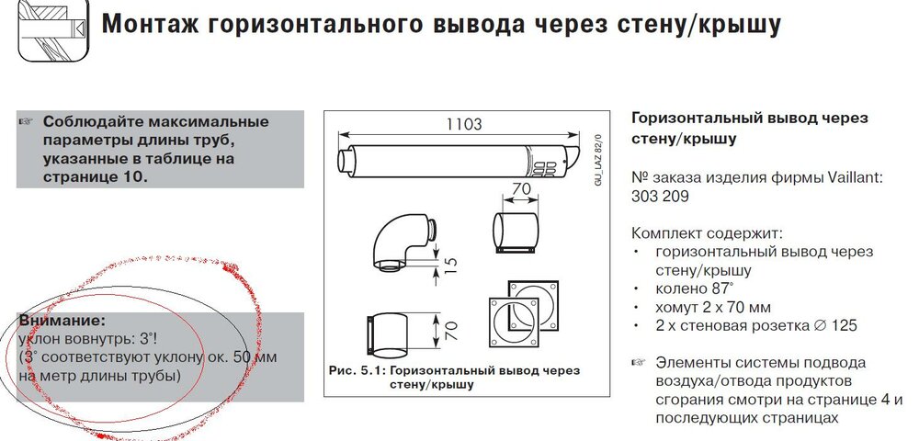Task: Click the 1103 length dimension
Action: [x=465, y=124]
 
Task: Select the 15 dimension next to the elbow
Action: [x=449, y=264]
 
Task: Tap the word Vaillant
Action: [x=857, y=177]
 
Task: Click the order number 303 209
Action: [x=660, y=197]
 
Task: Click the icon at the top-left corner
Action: [x=53, y=29]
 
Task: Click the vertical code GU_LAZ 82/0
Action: [x=599, y=158]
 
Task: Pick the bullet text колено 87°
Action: [x=695, y=288]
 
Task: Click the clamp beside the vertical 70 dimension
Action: [x=389, y=336]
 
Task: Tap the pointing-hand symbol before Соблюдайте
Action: [x=27, y=122]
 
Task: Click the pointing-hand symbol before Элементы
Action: [x=639, y=362]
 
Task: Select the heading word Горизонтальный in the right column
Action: [x=697, y=119]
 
